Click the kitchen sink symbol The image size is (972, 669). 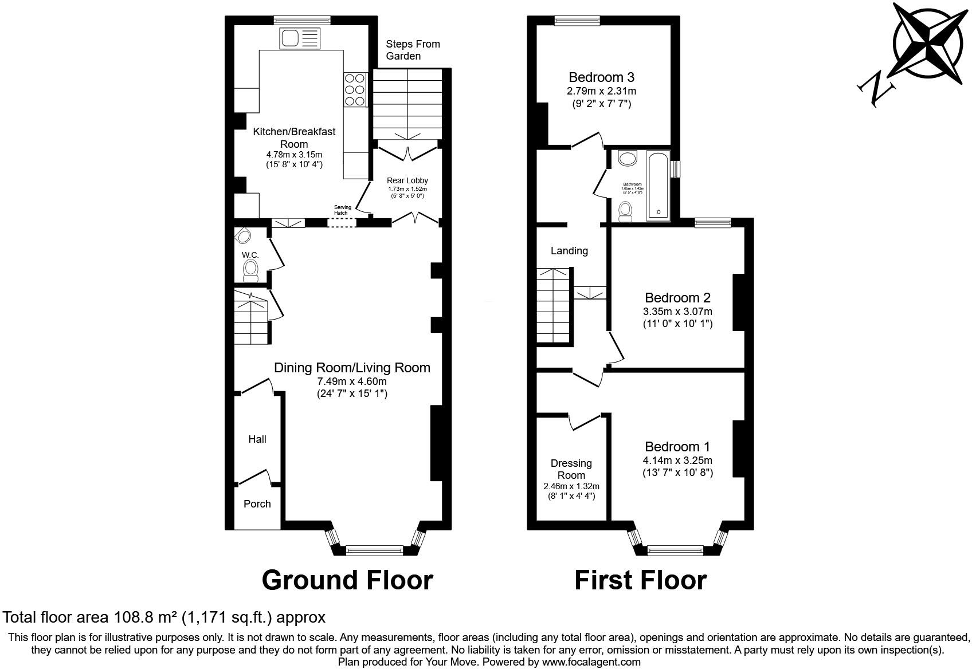[x=299, y=38]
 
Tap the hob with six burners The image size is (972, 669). [x=354, y=89]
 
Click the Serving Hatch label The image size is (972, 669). [x=342, y=210]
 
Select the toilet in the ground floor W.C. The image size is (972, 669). [x=250, y=270]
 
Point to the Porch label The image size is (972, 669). [x=257, y=504]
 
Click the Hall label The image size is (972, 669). [x=257, y=439]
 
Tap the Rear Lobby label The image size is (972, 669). [x=407, y=180]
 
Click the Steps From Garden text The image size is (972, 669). [x=413, y=50]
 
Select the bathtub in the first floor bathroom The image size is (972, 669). [x=658, y=186]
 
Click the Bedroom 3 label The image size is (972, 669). [x=601, y=77]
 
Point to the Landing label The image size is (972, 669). [x=569, y=251]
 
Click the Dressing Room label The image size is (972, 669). [x=571, y=469]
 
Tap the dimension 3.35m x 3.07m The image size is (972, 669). [x=677, y=312]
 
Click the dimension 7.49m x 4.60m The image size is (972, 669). [x=352, y=381]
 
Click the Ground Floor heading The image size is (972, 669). [x=347, y=580]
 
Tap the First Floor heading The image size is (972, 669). [x=640, y=580]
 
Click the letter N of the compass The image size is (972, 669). [x=876, y=90]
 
